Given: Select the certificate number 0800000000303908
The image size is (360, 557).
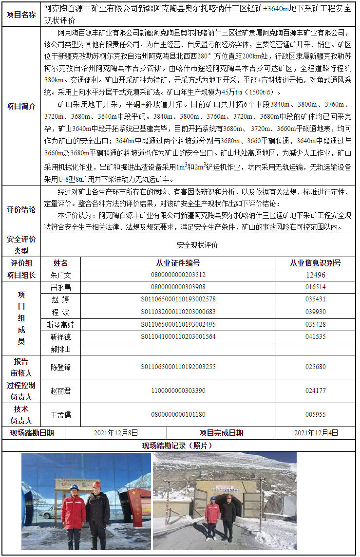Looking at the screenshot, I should [178, 287].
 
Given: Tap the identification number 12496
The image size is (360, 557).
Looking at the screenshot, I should [315, 275].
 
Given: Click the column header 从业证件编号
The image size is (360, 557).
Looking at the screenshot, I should [178, 263].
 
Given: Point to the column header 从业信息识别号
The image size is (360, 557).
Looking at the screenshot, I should [315, 263].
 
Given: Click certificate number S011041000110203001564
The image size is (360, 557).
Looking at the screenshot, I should [178, 336].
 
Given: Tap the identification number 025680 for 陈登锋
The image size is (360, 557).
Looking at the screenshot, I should [315, 367].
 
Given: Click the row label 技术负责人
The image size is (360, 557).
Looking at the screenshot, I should [21, 415].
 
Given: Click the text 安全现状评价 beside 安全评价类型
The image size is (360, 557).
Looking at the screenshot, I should [197, 245].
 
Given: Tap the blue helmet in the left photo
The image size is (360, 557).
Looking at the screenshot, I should [75, 487].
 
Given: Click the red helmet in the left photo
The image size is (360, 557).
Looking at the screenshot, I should [96, 484].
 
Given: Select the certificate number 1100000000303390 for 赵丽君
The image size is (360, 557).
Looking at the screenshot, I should [178, 390].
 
